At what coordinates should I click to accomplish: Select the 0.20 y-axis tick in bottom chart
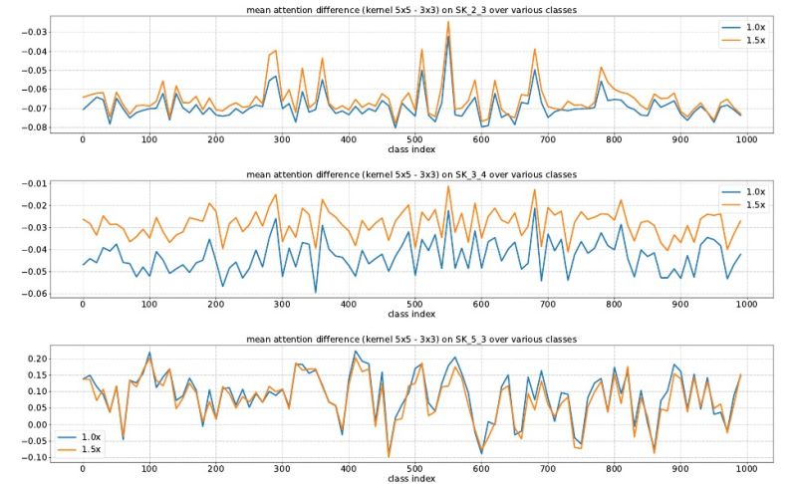tap(37, 359)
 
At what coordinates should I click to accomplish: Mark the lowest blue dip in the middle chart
tap(316, 292)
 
